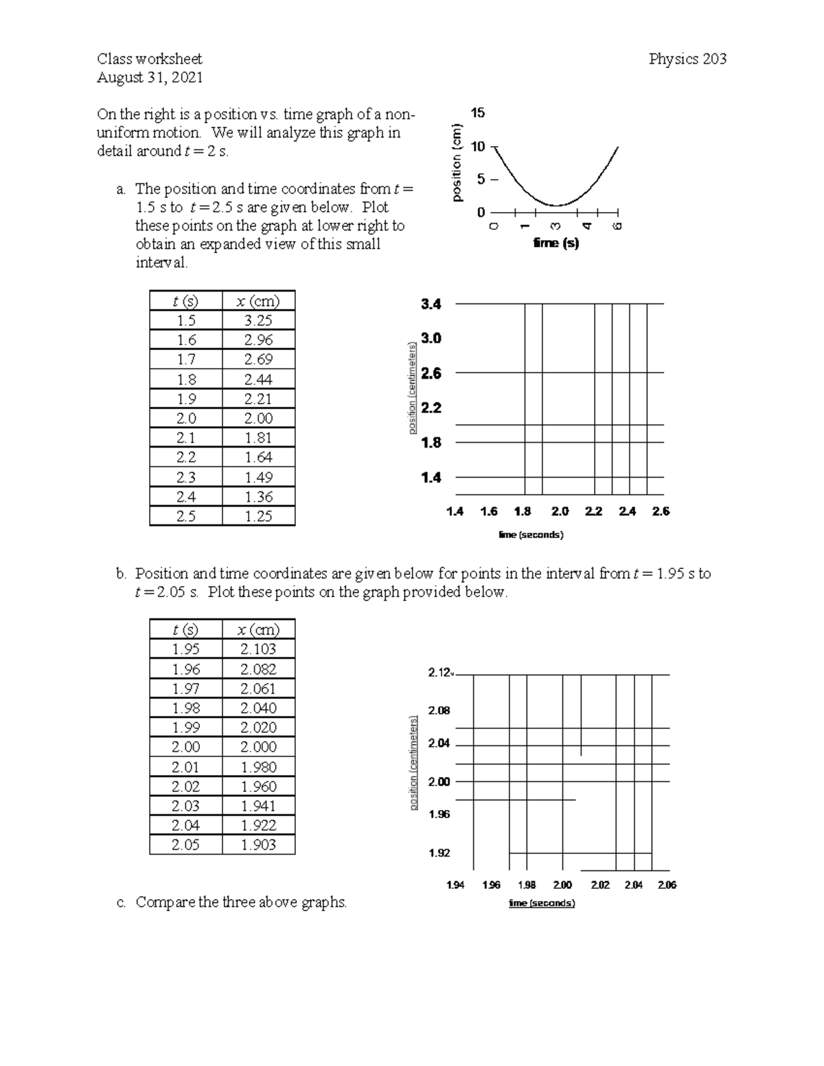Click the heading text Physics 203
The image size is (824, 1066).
pyautogui.click(x=687, y=59)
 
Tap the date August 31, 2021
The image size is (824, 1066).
pyautogui.click(x=150, y=78)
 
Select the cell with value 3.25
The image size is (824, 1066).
pyautogui.click(x=258, y=321)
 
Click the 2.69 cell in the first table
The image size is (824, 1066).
pyautogui.click(x=258, y=360)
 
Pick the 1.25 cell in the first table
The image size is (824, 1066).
pyautogui.click(x=258, y=516)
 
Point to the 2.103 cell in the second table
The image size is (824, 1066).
pyautogui.click(x=258, y=649)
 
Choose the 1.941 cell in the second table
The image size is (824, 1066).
pyautogui.click(x=258, y=806)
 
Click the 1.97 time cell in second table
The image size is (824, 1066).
pyautogui.click(x=185, y=688)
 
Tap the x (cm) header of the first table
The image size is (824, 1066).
pyautogui.click(x=258, y=301)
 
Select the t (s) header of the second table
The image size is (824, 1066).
pyautogui.click(x=185, y=629)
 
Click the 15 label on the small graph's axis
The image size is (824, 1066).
pyautogui.click(x=478, y=113)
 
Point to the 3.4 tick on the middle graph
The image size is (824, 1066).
pyautogui.click(x=431, y=304)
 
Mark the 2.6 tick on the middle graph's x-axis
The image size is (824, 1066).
pyautogui.click(x=661, y=511)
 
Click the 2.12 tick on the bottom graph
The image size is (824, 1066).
pyautogui.click(x=439, y=673)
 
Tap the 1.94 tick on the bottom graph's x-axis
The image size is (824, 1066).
pyautogui.click(x=455, y=885)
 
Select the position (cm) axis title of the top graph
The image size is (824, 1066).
pyautogui.click(x=457, y=163)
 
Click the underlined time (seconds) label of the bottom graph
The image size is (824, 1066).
pyautogui.click(x=541, y=903)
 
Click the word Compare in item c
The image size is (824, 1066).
pyautogui.click(x=165, y=902)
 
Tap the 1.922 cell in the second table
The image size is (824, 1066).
pyautogui.click(x=258, y=825)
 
